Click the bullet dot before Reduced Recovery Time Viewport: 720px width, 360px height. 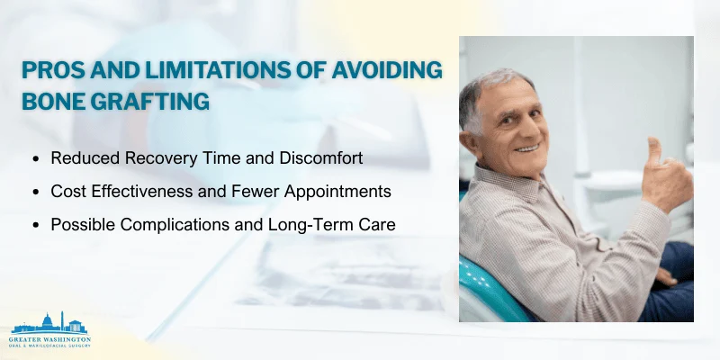click(36, 158)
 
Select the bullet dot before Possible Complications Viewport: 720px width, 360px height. click(36, 223)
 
